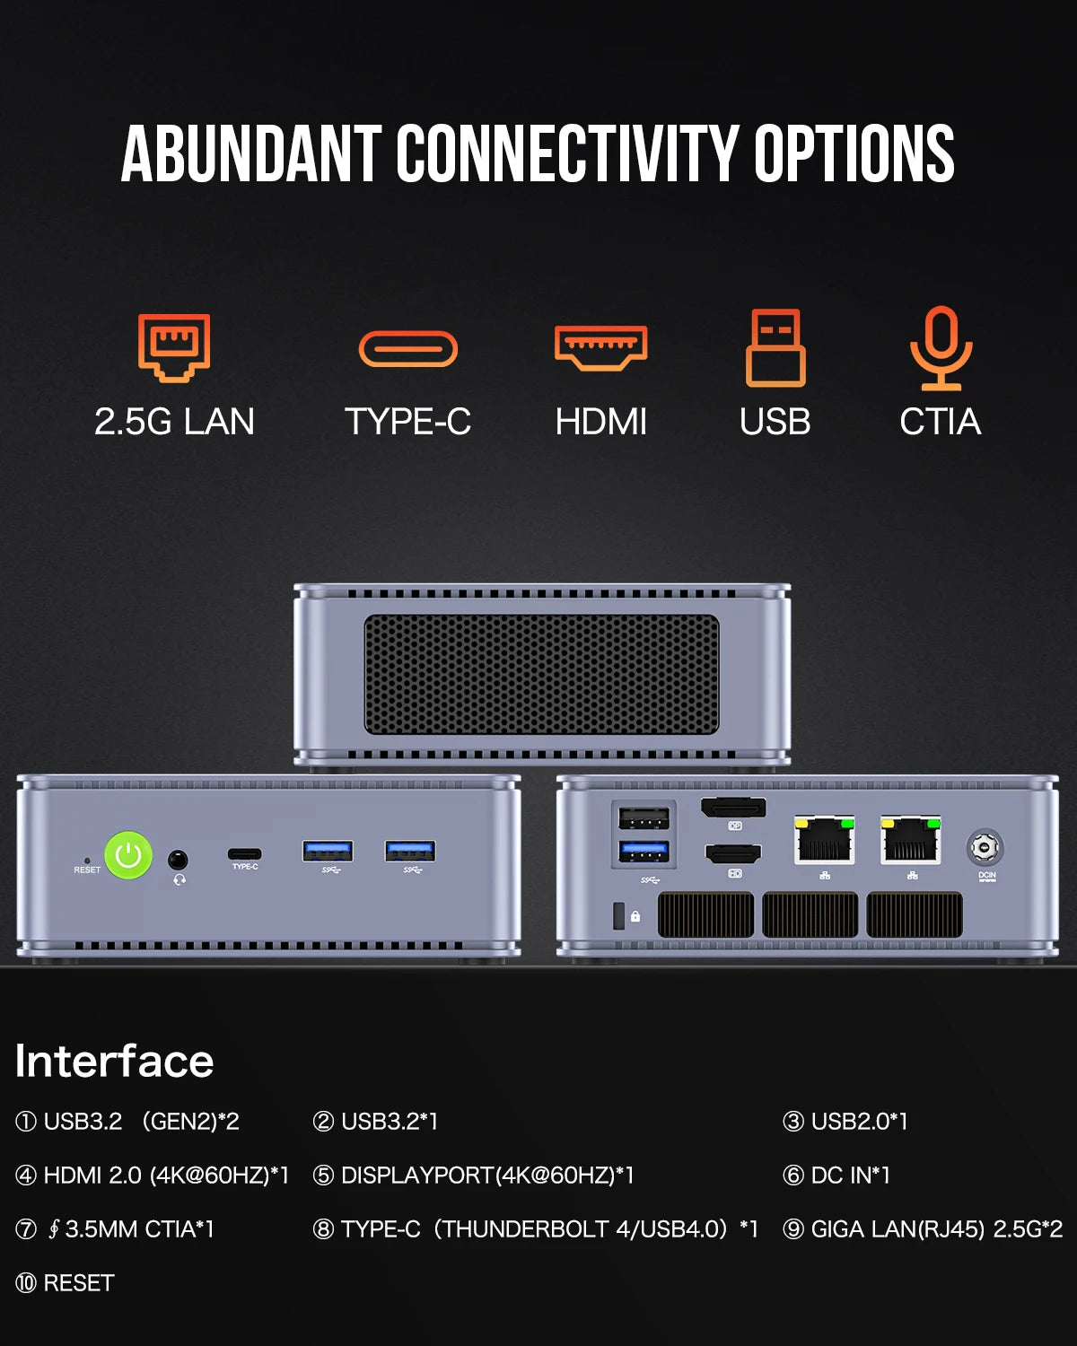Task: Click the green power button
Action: tap(128, 855)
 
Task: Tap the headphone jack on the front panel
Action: tap(179, 860)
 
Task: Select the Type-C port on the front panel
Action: tap(244, 853)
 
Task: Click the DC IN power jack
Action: tap(985, 846)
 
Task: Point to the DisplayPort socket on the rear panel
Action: tap(733, 808)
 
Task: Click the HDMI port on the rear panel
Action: tap(733, 853)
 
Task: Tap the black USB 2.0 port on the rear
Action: tap(644, 817)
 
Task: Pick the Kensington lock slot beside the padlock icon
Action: tap(617, 915)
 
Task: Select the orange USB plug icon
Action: tap(775, 348)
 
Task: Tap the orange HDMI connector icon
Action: tap(600, 348)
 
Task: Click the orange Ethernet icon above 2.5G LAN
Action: tap(174, 347)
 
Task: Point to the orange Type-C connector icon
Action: tap(408, 349)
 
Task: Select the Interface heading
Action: tap(115, 1061)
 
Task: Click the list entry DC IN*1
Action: tap(837, 1175)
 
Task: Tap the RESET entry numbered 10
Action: tap(66, 1283)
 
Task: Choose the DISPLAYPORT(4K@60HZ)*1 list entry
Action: tap(474, 1175)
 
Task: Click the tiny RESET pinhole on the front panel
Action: tap(87, 860)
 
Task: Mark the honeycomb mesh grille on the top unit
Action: tap(541, 674)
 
